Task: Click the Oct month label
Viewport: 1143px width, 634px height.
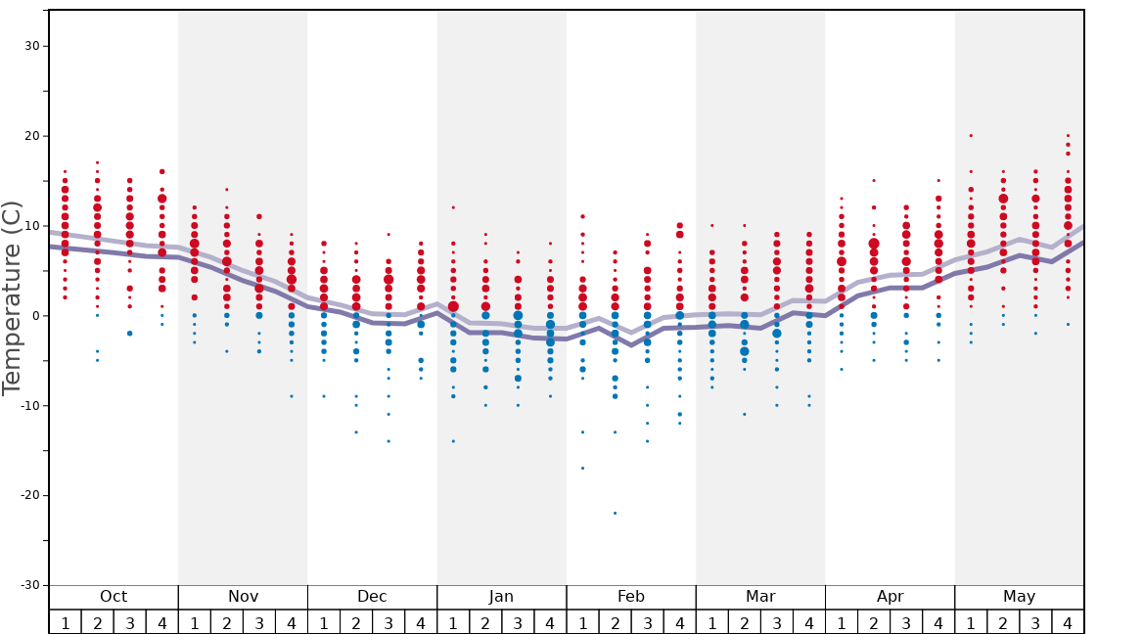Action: click(x=114, y=597)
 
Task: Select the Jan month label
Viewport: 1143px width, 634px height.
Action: click(x=501, y=597)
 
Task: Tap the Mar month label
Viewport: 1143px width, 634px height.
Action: click(x=760, y=597)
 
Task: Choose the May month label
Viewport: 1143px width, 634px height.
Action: click(x=1019, y=597)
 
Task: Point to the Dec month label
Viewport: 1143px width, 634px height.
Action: click(x=372, y=597)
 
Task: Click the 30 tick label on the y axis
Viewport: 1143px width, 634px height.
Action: click(x=29, y=46)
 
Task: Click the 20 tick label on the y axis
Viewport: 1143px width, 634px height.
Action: click(x=29, y=136)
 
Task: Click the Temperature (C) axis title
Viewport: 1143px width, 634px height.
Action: click(x=12, y=297)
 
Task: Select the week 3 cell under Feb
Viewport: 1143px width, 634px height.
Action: click(x=647, y=622)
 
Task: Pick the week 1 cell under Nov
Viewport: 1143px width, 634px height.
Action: click(x=195, y=622)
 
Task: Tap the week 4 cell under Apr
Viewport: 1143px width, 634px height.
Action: click(x=938, y=622)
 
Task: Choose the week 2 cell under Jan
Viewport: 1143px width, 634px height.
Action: click(x=485, y=622)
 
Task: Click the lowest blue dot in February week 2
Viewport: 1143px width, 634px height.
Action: click(x=615, y=513)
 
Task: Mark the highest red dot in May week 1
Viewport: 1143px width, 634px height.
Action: click(x=971, y=136)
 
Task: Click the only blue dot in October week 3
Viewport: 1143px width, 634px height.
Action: click(x=129, y=334)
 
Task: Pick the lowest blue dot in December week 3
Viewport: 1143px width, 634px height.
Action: click(x=389, y=441)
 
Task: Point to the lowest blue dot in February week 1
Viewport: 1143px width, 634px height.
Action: click(x=582, y=468)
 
